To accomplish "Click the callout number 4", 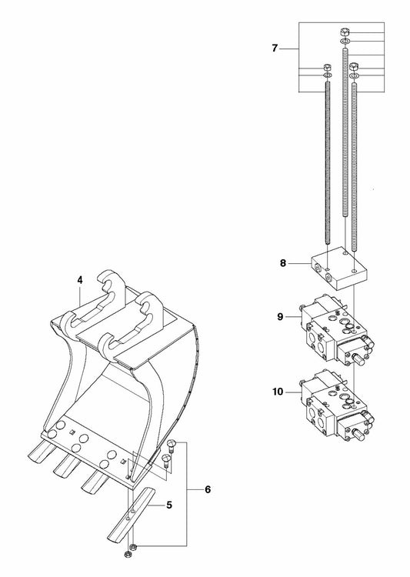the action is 80,280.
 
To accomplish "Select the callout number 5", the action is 169,505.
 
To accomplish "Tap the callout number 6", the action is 208,489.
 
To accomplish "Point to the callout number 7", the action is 275,48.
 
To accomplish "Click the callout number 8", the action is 282,263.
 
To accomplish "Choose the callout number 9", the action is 281,316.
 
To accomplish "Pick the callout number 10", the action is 278,392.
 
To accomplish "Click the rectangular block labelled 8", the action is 339,268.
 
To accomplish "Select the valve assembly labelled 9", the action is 337,329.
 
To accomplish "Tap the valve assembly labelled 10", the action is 337,405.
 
